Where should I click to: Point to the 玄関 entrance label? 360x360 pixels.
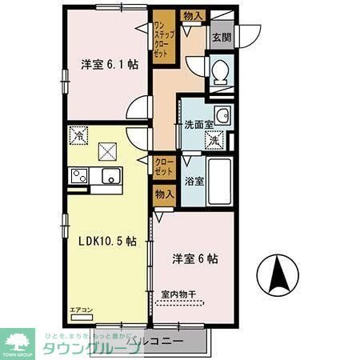pos(221,36)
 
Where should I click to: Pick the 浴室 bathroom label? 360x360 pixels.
pos(194,181)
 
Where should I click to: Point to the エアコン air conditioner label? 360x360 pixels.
pos(82,310)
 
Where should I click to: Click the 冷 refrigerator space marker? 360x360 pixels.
pos(78,135)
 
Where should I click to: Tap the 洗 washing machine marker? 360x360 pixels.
pos(214,141)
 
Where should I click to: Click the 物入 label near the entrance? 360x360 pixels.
pos(192,16)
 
